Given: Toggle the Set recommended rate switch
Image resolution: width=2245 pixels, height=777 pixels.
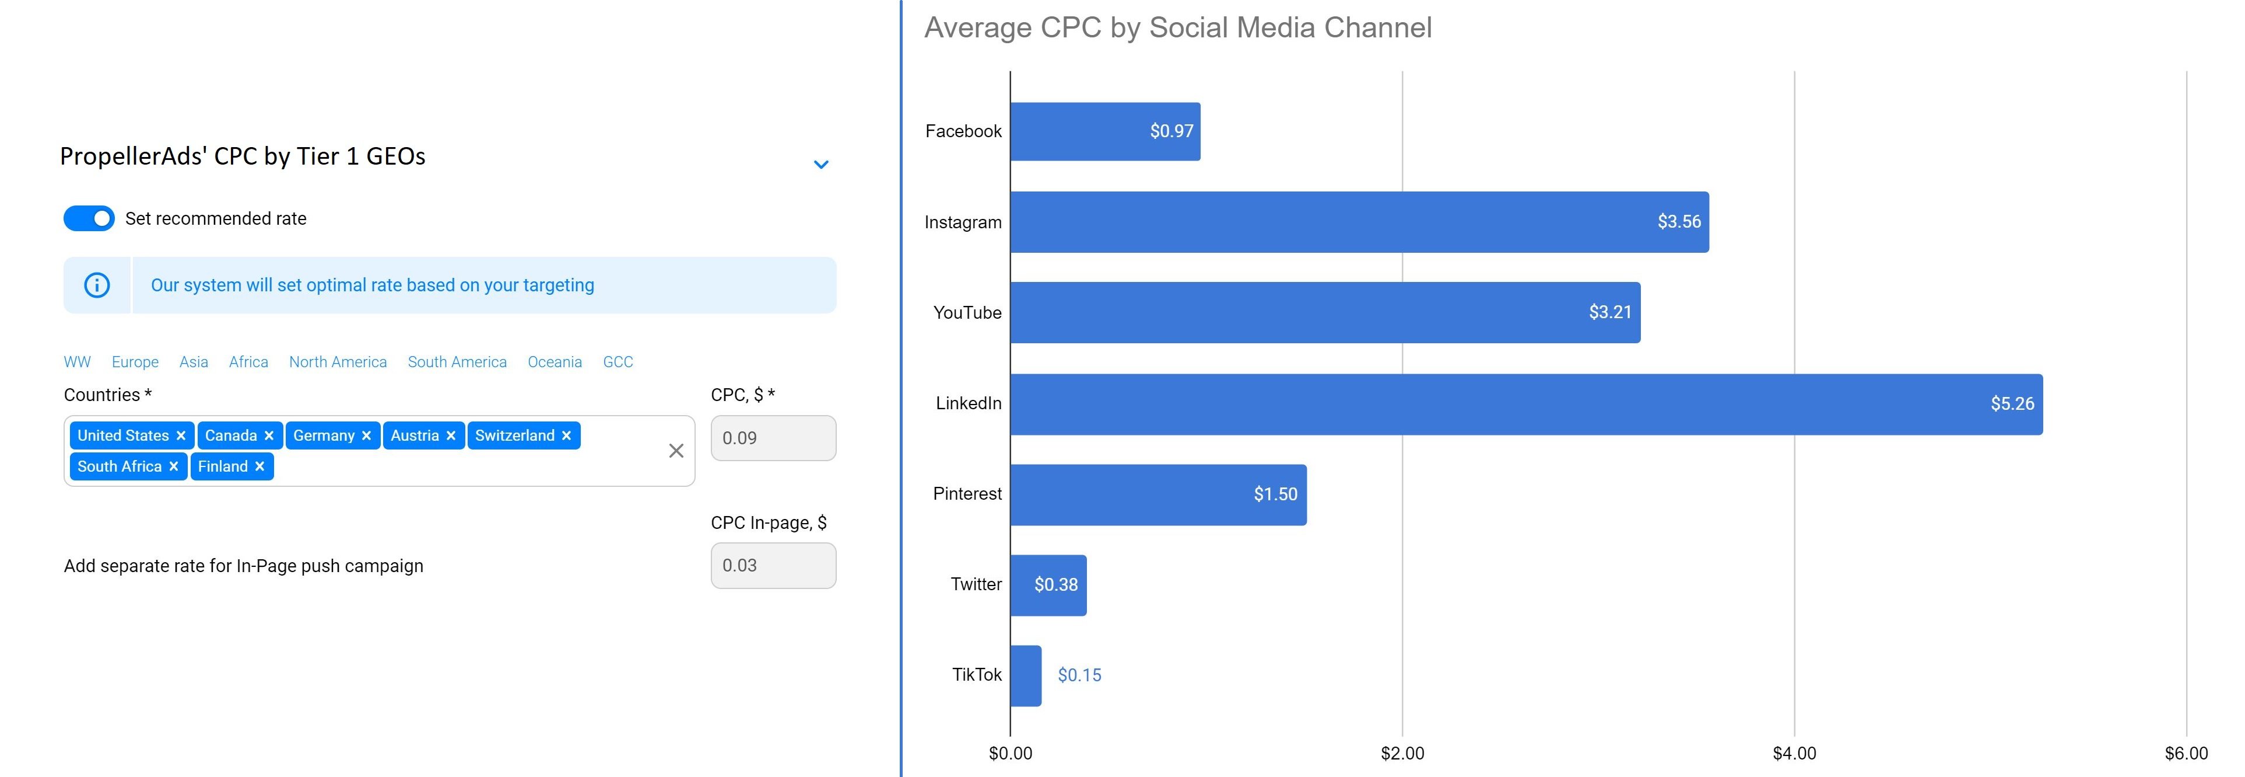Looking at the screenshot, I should [89, 218].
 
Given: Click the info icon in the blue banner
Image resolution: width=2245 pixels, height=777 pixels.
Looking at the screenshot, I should [97, 285].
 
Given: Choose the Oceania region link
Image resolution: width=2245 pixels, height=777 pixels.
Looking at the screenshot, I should [555, 362].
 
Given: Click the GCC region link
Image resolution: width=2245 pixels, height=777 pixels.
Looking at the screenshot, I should [618, 362].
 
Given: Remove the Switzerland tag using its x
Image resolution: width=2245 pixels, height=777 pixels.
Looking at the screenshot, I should [566, 436].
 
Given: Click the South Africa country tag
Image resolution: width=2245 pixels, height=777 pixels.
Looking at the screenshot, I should [120, 466].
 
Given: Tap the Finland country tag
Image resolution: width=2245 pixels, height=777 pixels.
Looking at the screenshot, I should [223, 466].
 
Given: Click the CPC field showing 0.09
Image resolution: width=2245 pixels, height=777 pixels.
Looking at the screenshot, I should [773, 438].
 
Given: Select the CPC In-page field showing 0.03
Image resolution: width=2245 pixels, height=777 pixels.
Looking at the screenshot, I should [773, 565].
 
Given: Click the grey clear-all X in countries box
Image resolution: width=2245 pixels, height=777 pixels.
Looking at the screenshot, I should [676, 451].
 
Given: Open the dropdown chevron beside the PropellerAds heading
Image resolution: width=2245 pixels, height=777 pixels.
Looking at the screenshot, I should [821, 164].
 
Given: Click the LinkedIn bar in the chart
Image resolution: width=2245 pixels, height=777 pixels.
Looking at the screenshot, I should [1525, 404].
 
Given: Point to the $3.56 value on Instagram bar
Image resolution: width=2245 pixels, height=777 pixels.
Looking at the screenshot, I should [1679, 221].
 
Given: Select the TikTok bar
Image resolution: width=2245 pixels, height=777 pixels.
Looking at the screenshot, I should [1026, 675].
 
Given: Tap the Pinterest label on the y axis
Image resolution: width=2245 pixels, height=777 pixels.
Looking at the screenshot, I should [967, 494].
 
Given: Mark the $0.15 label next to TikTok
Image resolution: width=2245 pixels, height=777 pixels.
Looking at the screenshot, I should [1079, 675].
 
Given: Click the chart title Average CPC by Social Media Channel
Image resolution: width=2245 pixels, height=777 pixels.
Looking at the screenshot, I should [1177, 28].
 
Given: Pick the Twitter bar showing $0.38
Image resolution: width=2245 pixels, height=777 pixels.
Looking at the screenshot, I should [1048, 584].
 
